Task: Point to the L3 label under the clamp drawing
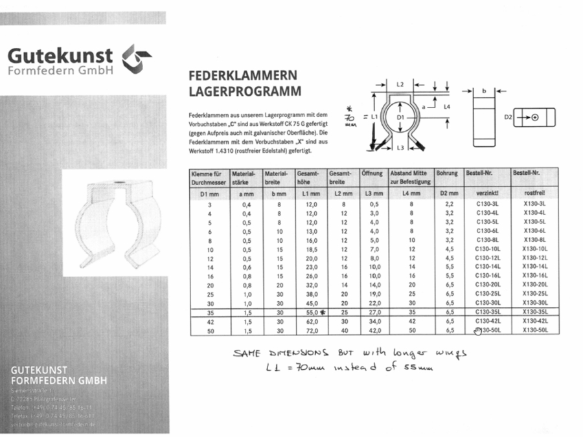click(400, 148)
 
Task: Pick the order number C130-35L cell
click(487, 311)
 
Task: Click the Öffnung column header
click(372, 174)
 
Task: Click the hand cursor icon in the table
click(477, 331)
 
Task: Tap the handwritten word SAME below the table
click(246, 353)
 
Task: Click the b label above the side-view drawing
click(484, 91)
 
